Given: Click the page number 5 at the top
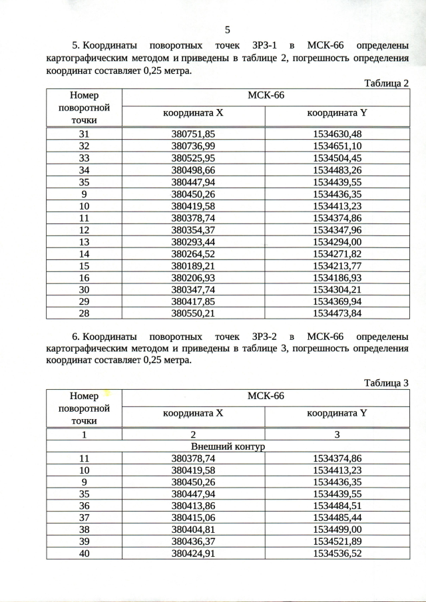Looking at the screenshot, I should (x=228, y=29).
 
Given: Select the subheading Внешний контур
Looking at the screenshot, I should (x=228, y=446).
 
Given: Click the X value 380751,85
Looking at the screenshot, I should (x=194, y=134).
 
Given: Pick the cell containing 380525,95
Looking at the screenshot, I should (x=194, y=158).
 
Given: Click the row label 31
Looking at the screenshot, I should (x=84, y=134).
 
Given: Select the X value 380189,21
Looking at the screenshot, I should (x=194, y=265).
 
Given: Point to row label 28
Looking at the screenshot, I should (x=84, y=313).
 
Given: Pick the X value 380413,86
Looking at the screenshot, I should (x=194, y=506).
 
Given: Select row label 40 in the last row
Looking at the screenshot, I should (x=84, y=553).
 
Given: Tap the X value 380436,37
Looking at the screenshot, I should (x=194, y=542).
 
